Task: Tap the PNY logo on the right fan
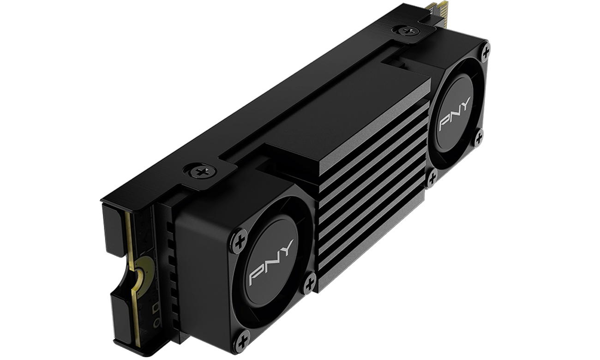(455, 113)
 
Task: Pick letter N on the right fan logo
(454, 114)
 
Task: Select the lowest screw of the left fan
(241, 342)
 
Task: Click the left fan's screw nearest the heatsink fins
(309, 282)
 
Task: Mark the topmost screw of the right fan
(485, 51)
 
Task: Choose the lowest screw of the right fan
(432, 178)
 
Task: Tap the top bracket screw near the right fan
(407, 31)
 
